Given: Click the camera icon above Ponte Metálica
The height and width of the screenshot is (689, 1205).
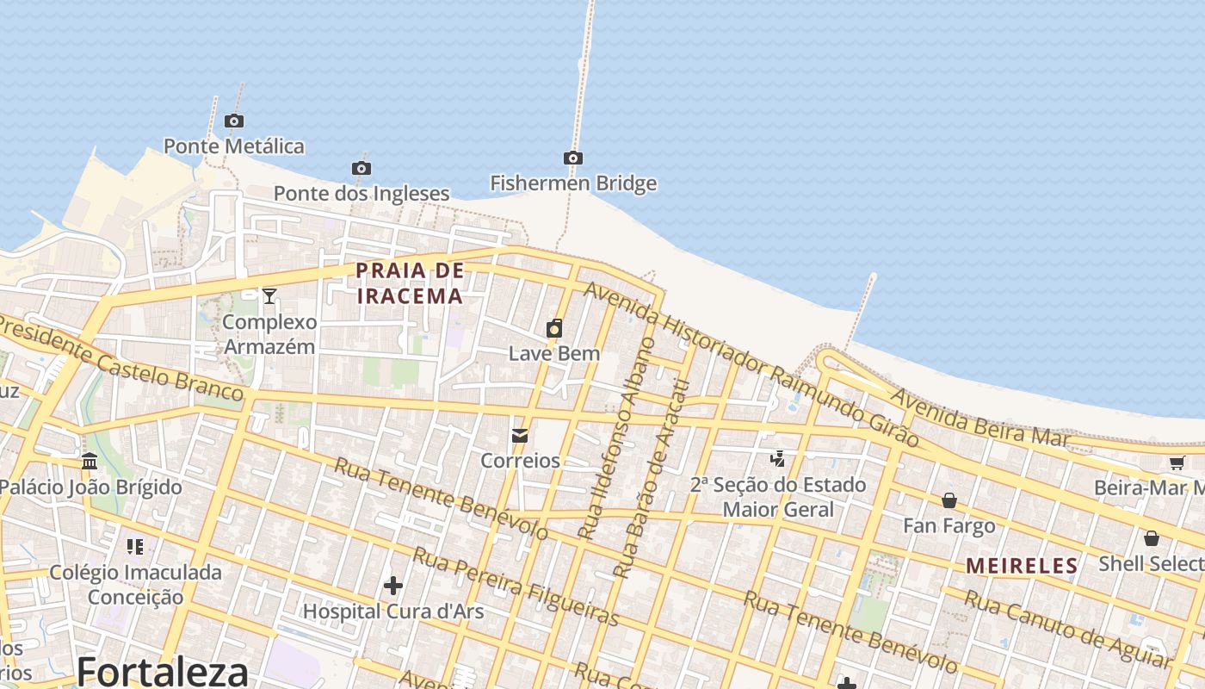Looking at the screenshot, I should point(233,121).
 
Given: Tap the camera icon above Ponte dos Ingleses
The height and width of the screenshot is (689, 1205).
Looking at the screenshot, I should point(361,168).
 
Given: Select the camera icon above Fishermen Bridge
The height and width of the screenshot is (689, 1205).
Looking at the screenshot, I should point(573,158).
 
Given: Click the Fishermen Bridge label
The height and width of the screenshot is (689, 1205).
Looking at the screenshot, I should point(573,183).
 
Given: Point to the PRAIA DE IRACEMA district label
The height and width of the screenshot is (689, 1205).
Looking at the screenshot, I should point(410,283).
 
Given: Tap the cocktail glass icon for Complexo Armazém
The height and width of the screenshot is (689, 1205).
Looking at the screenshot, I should point(269,296).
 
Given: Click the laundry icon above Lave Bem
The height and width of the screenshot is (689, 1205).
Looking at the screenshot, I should point(554,328).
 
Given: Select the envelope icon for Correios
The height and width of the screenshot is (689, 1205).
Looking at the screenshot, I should point(520,436).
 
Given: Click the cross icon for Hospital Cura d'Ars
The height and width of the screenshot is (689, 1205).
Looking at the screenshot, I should point(393,586).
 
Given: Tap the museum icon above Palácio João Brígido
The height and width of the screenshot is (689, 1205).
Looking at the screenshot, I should point(90,462).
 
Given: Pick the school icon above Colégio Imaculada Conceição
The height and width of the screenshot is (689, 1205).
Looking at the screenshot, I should point(134,546).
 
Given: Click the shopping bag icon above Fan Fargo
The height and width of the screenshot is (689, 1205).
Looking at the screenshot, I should point(949,500).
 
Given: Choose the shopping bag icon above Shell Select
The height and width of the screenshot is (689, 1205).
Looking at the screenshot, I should point(1152,538).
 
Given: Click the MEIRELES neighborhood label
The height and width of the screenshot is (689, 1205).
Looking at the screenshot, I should point(1022,566).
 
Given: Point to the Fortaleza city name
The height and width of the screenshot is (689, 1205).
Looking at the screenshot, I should point(163,671).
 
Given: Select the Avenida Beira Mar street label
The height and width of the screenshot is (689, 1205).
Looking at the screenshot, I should point(980,418).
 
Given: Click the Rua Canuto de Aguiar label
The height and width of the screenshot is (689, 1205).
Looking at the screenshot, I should point(1066,629).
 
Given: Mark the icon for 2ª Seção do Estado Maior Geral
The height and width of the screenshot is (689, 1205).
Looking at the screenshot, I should point(778,459).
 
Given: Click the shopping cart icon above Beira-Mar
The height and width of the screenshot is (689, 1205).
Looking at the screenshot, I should point(1177,462).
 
